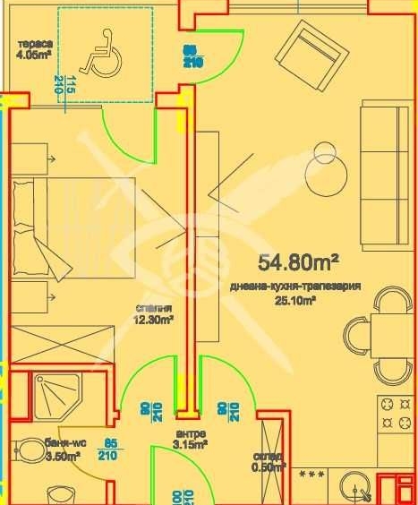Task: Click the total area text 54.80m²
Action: [298, 262]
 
